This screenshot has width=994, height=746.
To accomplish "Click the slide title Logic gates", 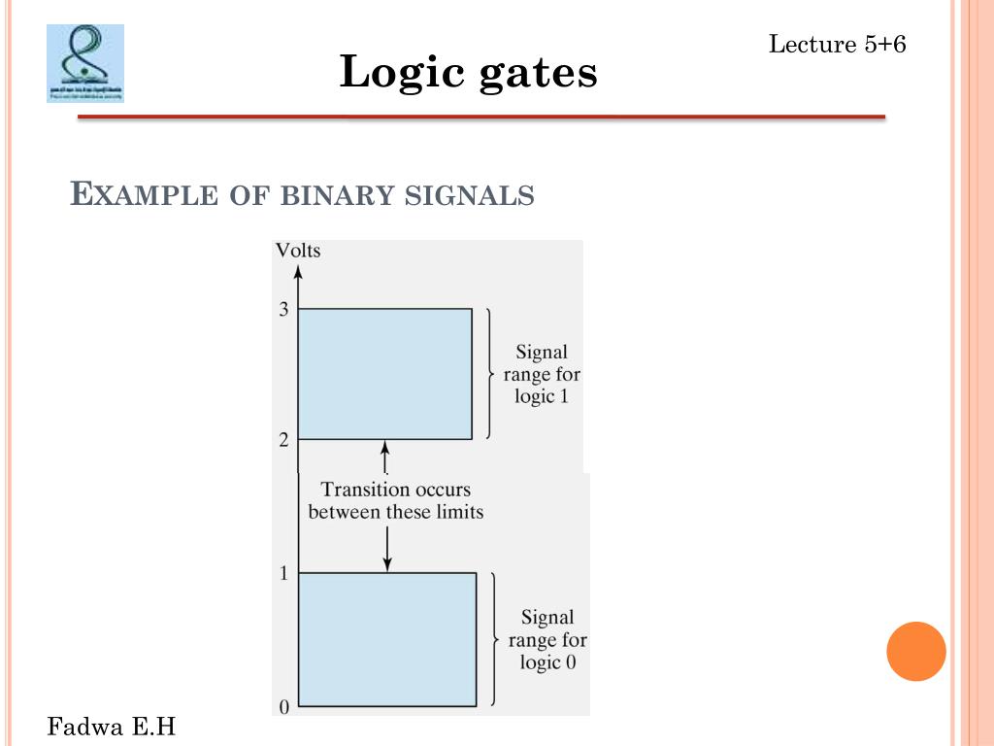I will pos(468,72).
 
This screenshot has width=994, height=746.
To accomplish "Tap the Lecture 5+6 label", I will pos(837,44).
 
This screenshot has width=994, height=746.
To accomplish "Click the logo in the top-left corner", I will pos(85,63).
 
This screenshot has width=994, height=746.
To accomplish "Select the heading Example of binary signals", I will pos(303,194).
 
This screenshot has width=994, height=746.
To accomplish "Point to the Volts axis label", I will pos(297,251).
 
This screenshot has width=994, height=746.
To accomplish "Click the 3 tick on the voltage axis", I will pos(283,310).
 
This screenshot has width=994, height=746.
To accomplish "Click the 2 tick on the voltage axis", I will pos(283,440).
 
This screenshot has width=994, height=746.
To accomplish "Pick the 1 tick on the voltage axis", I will pos(283,573).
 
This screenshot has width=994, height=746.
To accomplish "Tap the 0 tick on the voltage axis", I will pos(283,707).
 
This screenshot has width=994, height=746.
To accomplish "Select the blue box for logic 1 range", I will pos(384,374).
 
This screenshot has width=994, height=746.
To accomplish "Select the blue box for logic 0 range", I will pos(386,639).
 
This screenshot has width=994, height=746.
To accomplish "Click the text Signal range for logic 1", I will pos(542,375).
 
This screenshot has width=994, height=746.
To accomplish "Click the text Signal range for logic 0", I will pos(547,640).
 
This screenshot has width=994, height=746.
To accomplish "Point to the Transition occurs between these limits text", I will pos(395,500).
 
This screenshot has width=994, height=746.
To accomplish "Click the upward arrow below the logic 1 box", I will pos(385,456).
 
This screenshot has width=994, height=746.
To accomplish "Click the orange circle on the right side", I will pos(915,651).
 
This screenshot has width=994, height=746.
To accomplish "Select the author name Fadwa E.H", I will pos(113,726).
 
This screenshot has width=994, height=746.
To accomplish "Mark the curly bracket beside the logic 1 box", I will pos(489,374).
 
